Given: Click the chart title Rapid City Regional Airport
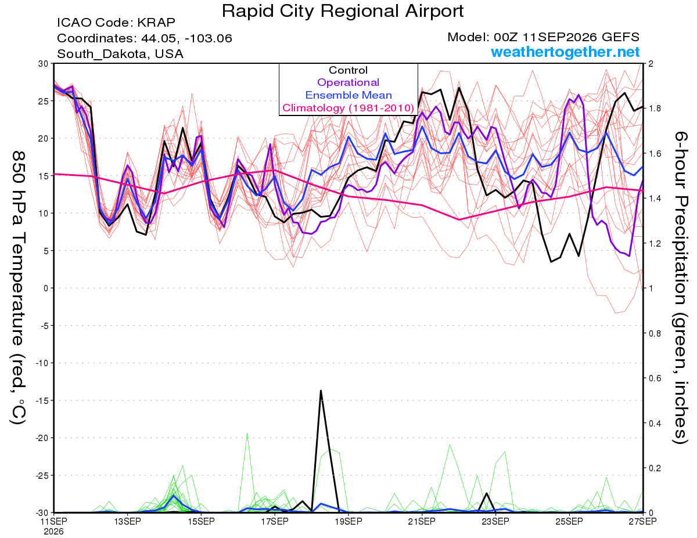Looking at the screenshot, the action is [x=343, y=11].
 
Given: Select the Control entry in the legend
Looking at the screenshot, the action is [x=348, y=70].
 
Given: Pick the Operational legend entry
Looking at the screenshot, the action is [x=348, y=82].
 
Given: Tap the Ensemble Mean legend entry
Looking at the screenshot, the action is [x=348, y=95].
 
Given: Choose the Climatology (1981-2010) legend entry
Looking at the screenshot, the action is [x=348, y=108].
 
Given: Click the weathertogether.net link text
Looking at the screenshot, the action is [x=565, y=52].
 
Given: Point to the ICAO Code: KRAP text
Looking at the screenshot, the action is [x=116, y=23].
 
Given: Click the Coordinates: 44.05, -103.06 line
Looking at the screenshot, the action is [x=145, y=38].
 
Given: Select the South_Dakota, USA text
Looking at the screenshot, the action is [x=120, y=54].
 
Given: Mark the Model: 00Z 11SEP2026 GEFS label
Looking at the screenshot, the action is [x=543, y=37].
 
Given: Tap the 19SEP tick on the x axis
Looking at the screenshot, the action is [x=348, y=521].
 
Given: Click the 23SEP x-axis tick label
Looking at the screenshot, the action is [x=495, y=521].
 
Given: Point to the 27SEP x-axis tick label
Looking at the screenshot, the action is [x=642, y=521].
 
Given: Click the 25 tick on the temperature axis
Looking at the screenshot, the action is [x=44, y=101].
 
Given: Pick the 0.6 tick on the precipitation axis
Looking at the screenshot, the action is [x=653, y=378].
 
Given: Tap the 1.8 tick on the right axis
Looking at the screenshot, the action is [x=653, y=109].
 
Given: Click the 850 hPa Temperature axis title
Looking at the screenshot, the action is [x=19, y=288].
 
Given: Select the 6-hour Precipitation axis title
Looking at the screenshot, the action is [x=680, y=287].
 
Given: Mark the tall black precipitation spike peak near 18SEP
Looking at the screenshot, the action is [x=321, y=390].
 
